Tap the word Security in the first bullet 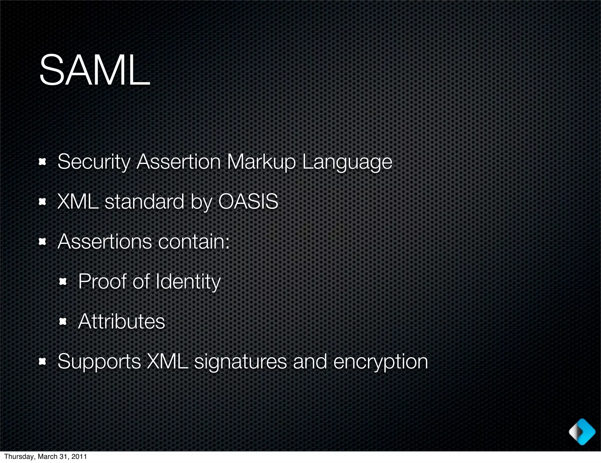click(94, 162)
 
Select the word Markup click(261, 162)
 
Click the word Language click(347, 162)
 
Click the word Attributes click(121, 321)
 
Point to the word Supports click(99, 361)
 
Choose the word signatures click(240, 362)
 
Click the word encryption click(381, 362)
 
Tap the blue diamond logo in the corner click(582, 432)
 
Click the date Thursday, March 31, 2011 click(45, 457)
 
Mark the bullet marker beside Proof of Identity click(63, 282)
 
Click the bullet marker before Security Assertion click(43, 162)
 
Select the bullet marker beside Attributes click(63, 322)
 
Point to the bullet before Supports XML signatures click(43, 362)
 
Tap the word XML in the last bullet click(167, 361)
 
